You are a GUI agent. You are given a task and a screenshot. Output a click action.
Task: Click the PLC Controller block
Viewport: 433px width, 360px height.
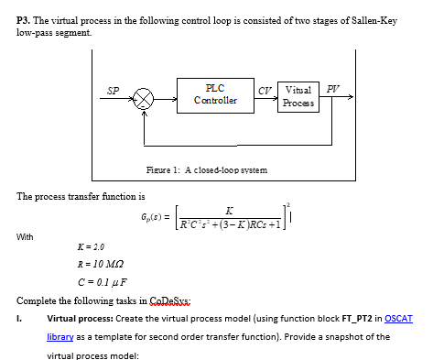coord(216,94)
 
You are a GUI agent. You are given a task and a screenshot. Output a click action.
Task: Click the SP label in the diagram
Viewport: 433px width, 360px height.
coord(113,90)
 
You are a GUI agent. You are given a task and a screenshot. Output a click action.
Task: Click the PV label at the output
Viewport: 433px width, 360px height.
coord(334,89)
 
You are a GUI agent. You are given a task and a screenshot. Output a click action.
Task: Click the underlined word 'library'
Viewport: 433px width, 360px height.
coord(60,336)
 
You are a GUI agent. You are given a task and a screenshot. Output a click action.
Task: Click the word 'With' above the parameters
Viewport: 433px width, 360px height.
coord(27,235)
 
